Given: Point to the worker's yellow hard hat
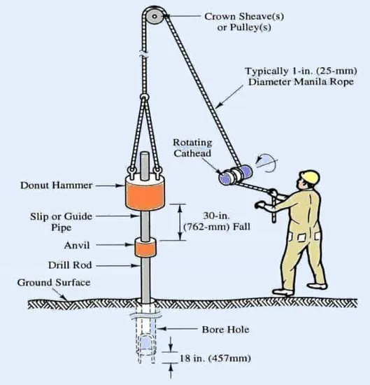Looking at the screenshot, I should pyautogui.click(x=308, y=177).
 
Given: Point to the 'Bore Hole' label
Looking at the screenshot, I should pyautogui.click(x=225, y=328).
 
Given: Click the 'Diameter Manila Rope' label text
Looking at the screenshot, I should pyautogui.click(x=291, y=82).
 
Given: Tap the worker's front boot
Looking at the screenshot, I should pyautogui.click(x=282, y=290).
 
